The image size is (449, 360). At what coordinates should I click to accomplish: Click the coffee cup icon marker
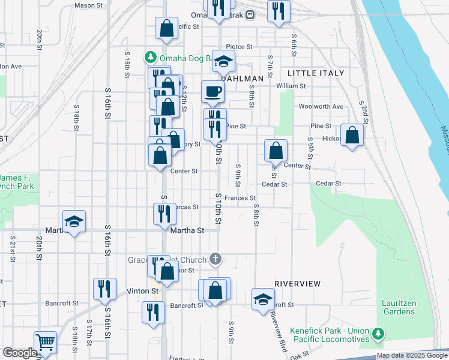tap(213, 92)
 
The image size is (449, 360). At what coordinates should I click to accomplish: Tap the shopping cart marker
tap(45, 343)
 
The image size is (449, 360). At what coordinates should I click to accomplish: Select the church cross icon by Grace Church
tap(215, 260)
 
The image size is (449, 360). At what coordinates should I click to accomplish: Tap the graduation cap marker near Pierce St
tap(224, 62)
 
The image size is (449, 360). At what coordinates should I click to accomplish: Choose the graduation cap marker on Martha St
tap(74, 221)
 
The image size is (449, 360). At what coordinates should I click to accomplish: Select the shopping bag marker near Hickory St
tap(352, 136)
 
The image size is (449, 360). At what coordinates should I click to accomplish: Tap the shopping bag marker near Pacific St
tap(167, 28)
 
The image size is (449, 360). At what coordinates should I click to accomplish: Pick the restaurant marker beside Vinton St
tap(105, 289)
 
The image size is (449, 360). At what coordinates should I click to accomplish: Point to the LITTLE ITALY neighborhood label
tap(316, 73)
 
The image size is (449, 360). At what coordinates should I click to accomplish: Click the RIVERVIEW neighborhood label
tap(297, 283)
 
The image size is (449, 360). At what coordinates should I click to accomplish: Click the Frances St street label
tap(240, 197)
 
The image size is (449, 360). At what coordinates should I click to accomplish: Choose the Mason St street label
tap(89, 5)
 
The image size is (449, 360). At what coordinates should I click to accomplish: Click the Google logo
tap(20, 353)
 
